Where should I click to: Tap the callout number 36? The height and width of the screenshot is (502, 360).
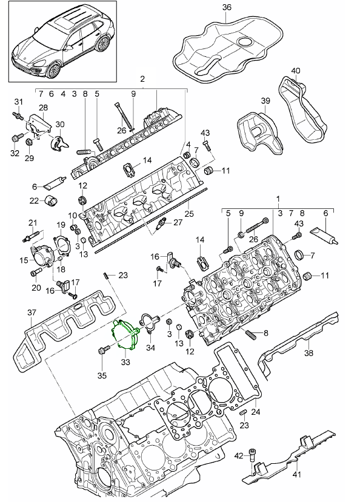[227, 7]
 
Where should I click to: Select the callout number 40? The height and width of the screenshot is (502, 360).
[295, 71]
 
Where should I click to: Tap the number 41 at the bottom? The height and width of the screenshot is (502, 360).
[296, 475]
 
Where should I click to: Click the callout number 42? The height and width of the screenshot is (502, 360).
[239, 454]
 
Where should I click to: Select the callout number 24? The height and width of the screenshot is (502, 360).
[255, 412]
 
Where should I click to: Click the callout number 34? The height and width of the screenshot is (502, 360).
[150, 348]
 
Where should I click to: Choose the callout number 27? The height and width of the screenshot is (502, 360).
[178, 222]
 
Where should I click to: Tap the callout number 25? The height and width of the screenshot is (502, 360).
[189, 213]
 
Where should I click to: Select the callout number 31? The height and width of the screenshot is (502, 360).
[18, 101]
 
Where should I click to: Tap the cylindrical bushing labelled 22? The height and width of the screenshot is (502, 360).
[53, 200]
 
